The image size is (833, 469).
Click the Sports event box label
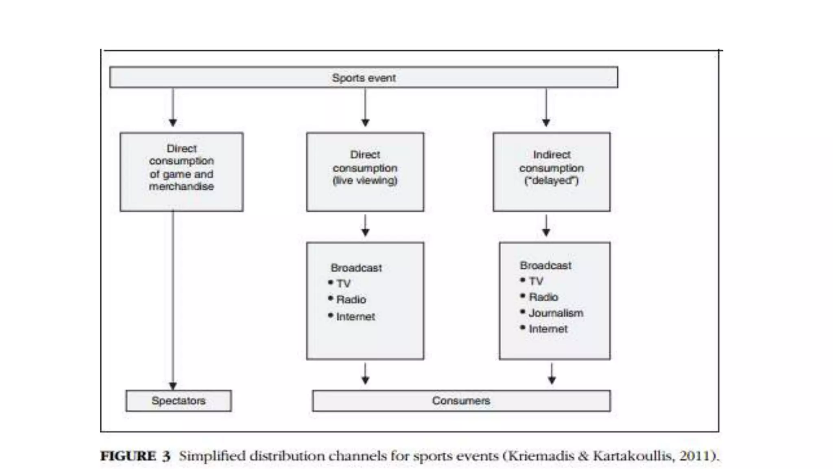(364, 78)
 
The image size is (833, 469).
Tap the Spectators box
(179, 401)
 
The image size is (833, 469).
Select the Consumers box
(461, 401)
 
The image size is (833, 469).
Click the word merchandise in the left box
(181, 186)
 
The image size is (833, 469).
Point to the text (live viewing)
(365, 180)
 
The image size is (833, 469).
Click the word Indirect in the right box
(552, 155)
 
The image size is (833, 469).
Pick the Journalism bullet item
(556, 313)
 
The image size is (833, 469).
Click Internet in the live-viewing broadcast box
(355, 316)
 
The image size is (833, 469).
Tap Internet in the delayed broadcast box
(548, 329)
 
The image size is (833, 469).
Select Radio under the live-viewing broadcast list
(351, 300)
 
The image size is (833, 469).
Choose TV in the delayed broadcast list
(536, 281)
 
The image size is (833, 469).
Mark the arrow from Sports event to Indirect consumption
(546, 107)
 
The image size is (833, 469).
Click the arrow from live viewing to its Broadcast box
(365, 226)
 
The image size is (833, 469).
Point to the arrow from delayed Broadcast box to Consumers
(552, 374)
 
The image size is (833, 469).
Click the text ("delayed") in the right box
(551, 180)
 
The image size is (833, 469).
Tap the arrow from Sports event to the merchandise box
(173, 107)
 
